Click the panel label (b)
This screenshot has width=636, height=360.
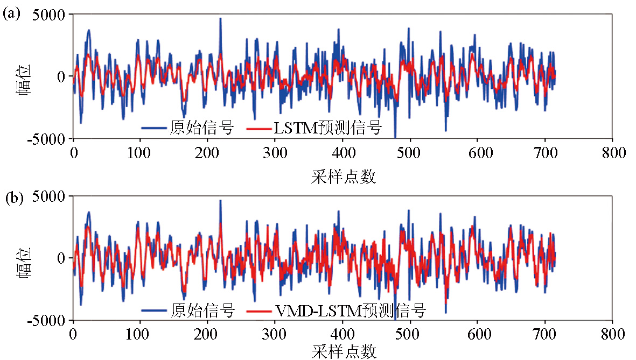[x=11, y=199]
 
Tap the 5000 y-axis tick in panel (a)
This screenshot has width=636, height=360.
[x=50, y=15]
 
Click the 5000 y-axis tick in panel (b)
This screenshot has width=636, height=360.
[x=50, y=196]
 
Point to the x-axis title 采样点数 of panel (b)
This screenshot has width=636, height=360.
[x=343, y=351]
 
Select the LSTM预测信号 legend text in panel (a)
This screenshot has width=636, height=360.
[x=327, y=128]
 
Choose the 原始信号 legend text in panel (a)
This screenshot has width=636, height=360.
[x=201, y=128]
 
